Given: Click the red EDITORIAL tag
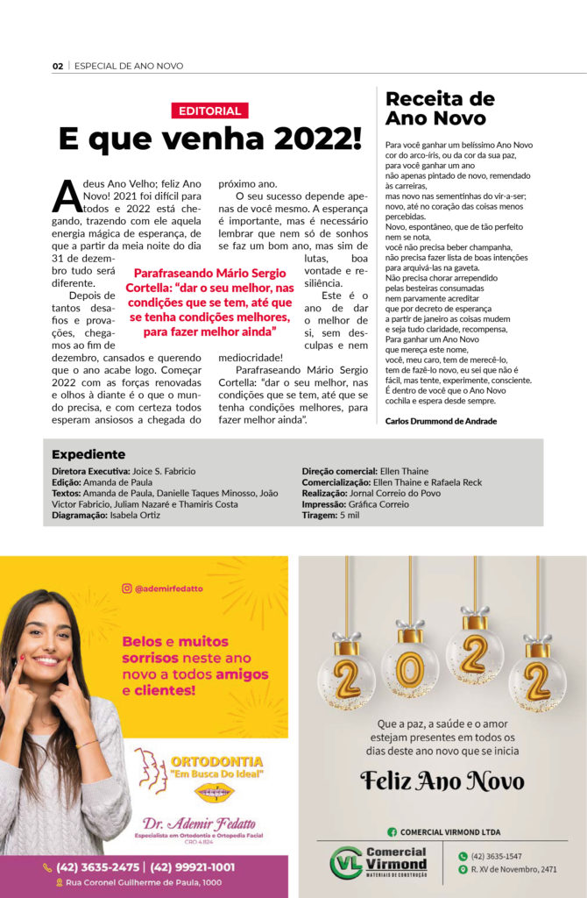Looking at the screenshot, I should [209, 110].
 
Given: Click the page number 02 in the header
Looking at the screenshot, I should [58, 66].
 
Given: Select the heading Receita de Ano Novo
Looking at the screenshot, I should [440, 108].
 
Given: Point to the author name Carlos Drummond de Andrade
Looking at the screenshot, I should [441, 421].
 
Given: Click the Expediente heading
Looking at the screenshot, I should [88, 454].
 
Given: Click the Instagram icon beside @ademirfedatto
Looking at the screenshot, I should [127, 588].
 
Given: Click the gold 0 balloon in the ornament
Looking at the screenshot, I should [409, 671].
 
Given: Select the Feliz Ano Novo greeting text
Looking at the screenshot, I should [442, 781].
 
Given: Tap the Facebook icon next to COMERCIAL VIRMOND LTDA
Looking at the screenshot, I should [393, 832].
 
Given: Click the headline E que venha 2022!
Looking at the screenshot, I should [209, 138].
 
